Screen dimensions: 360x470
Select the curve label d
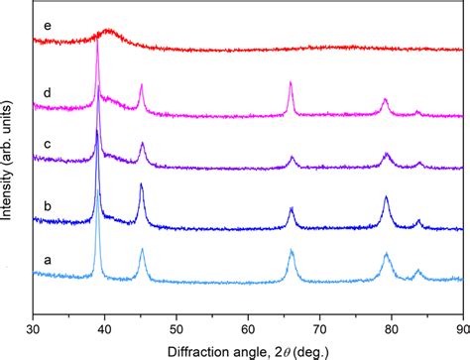(48, 94)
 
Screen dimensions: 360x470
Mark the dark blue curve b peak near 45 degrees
(142, 185)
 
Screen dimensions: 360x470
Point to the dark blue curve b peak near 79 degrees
(386, 198)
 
